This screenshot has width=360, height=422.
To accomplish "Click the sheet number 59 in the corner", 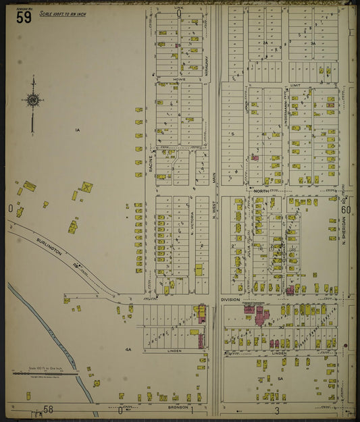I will coord(24,17).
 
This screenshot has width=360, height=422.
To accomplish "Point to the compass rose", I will coord(32,101).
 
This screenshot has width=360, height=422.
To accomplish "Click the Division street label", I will coord(230,300).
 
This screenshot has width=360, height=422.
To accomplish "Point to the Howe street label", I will coord(179,79).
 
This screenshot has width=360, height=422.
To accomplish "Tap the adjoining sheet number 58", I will coord(49,410).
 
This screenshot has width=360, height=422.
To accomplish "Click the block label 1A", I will coord(78,130).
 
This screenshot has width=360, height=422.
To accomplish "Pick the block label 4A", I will coord(127,349).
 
